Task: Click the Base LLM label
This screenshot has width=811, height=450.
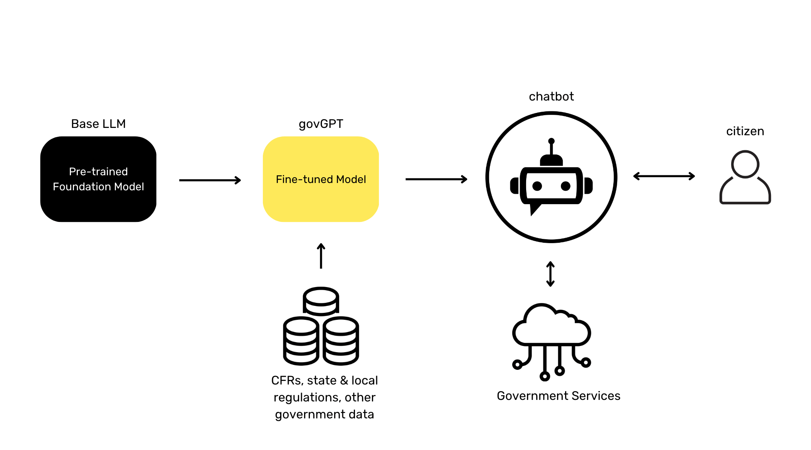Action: (98, 124)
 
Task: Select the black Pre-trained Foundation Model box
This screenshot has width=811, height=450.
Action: (98, 179)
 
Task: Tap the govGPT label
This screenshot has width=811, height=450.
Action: (321, 124)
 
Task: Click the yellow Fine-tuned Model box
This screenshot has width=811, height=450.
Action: (321, 179)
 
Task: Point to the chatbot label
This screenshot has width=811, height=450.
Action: (551, 97)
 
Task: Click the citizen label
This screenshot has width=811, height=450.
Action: (745, 131)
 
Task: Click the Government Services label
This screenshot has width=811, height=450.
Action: (558, 396)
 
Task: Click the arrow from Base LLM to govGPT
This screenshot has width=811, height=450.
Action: (210, 180)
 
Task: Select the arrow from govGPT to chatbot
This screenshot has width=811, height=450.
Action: (436, 179)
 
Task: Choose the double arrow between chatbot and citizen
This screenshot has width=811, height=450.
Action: (664, 176)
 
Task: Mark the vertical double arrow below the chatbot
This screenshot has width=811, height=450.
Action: (550, 274)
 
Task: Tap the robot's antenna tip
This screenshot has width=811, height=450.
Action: (551, 141)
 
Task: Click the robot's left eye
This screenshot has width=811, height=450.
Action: (537, 186)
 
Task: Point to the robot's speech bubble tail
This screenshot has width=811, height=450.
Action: (534, 210)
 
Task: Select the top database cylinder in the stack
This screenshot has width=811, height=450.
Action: (321, 301)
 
